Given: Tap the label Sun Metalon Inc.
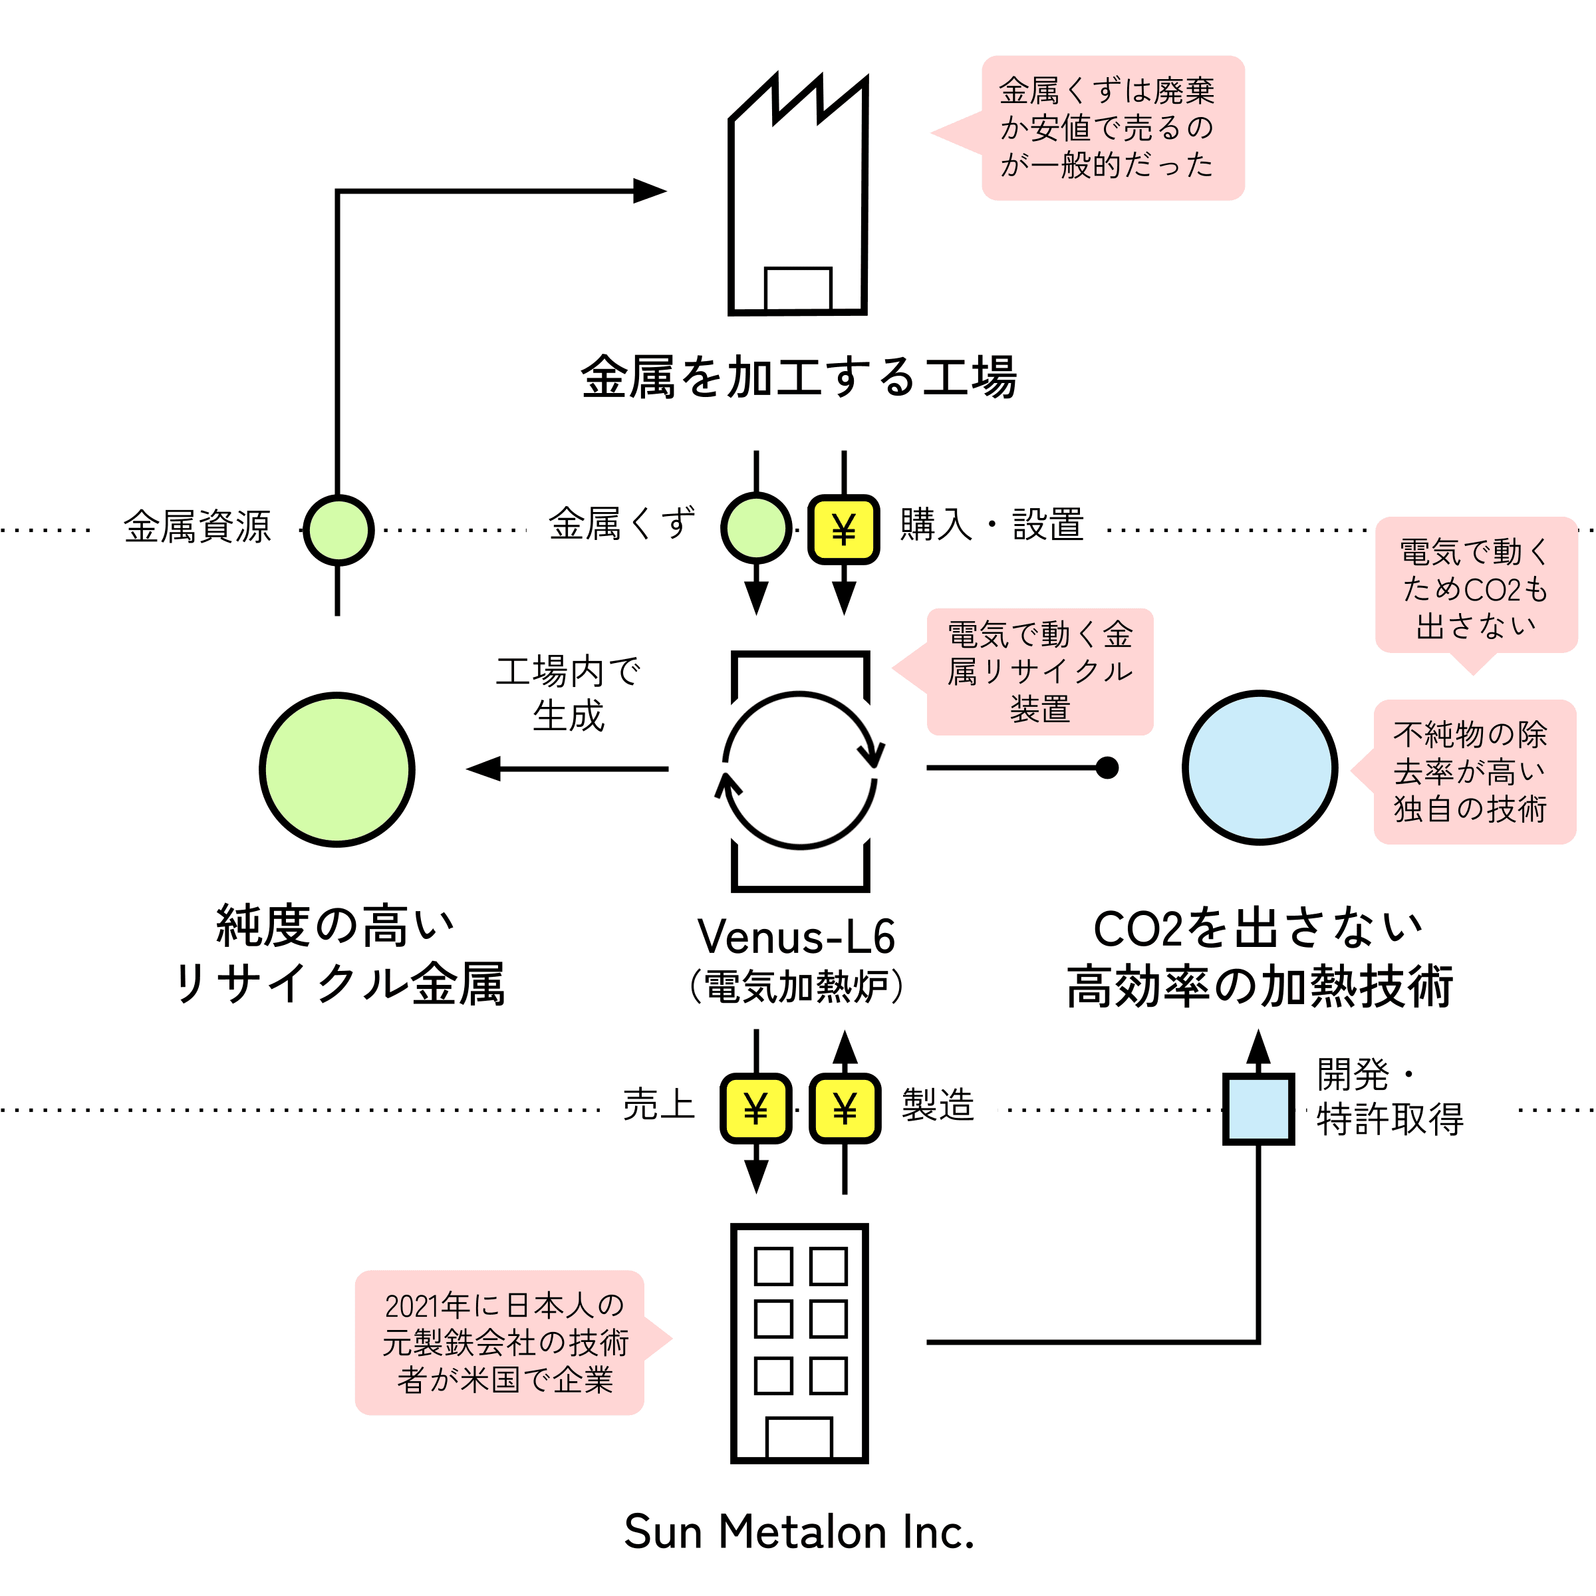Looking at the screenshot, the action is coord(799,1531).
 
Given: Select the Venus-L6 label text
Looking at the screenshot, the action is coord(797,937).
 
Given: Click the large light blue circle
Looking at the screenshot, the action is coord(1260,767).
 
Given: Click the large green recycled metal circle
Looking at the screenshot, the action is coord(337,769).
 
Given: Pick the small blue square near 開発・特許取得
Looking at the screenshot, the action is coord(1258,1109).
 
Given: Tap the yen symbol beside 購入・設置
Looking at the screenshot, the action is coord(843,529).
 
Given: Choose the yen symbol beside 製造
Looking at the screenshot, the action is coord(845,1109).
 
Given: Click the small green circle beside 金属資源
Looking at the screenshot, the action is coord(338,529).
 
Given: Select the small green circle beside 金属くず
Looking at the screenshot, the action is coord(756,528).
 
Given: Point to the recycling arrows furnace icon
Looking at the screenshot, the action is coord(799,771).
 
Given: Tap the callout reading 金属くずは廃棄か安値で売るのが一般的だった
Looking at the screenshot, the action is coord(1088,128).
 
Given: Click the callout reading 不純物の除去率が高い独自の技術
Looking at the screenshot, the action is coord(1464,771).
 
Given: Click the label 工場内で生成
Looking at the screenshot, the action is coord(569,694).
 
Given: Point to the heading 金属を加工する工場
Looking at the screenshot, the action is coord(799,378).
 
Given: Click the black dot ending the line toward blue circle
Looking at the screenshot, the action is coord(1107,768).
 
